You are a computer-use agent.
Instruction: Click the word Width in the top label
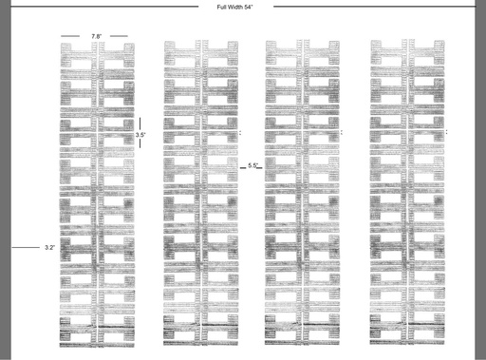point(235,7)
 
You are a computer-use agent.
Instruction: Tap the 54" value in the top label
point(249,7)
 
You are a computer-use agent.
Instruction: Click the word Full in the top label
point(222,7)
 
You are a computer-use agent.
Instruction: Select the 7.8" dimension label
point(97,36)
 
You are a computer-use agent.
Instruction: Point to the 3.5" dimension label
point(140,135)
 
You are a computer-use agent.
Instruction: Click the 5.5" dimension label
point(252,165)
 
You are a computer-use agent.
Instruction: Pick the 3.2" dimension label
point(49,247)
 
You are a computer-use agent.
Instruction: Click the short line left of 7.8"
point(70,36)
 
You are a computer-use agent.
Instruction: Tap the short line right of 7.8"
point(119,36)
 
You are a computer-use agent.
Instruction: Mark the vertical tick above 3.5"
point(140,123)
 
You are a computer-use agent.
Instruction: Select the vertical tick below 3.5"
point(140,143)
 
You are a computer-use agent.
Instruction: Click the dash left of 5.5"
point(243,167)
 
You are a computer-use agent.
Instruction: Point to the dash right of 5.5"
point(259,167)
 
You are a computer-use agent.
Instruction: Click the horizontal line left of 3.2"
point(26,247)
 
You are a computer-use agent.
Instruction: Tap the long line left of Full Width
point(104,6)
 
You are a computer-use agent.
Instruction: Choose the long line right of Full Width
point(374,6)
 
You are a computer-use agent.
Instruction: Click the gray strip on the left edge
point(5,180)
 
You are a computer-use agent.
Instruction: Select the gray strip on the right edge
point(480,180)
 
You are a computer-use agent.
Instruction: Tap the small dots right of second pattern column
point(240,132)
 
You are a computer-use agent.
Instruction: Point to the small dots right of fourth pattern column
point(446,132)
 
